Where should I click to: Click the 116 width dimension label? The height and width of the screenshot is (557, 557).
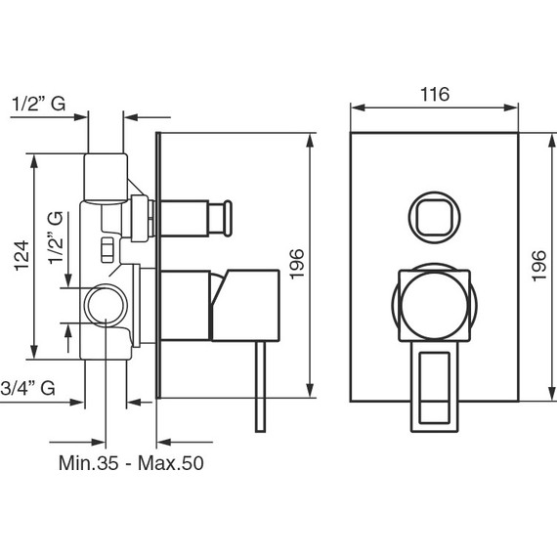(x=435, y=94)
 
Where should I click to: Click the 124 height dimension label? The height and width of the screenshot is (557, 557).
(x=22, y=256)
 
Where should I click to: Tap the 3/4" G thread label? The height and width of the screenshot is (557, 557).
(x=27, y=388)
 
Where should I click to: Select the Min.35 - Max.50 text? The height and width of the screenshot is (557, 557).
(x=131, y=463)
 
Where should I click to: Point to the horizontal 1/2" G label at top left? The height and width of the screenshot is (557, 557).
(x=38, y=104)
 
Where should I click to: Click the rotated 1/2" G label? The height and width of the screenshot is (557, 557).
(x=56, y=237)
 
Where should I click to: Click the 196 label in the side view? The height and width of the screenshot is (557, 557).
(x=297, y=264)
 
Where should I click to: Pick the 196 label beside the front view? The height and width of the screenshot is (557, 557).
(x=538, y=266)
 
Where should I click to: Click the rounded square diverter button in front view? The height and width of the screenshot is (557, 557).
(x=434, y=217)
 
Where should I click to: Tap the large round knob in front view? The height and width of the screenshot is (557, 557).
(x=435, y=306)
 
